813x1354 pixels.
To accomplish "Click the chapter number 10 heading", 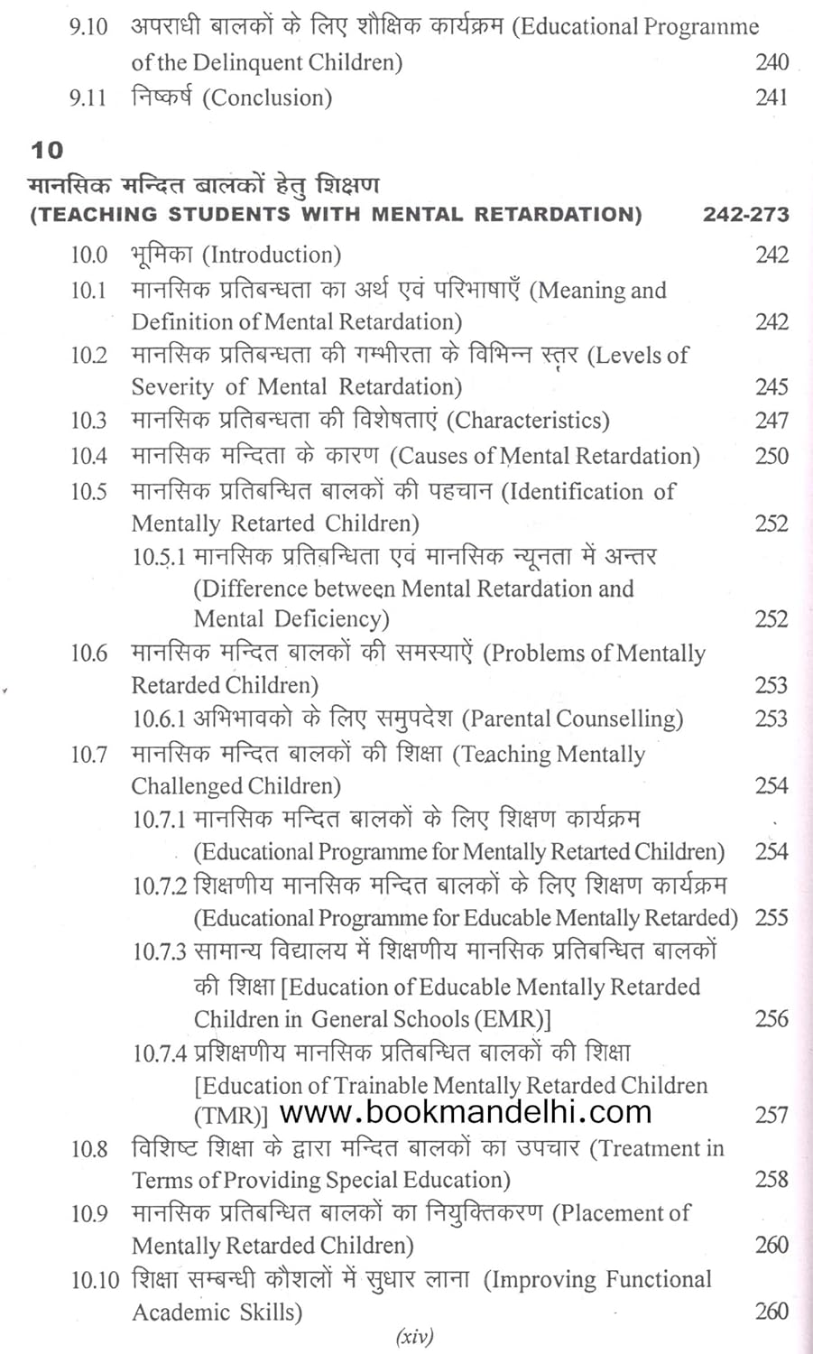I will pyautogui.click(x=47, y=149).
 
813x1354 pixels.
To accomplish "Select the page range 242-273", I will pyautogui.click(x=745, y=215).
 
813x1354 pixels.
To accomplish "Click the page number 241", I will pyautogui.click(x=771, y=97).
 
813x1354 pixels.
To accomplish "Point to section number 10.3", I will pyautogui.click(x=88, y=421).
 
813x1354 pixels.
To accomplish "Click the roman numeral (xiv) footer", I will pyautogui.click(x=415, y=1337).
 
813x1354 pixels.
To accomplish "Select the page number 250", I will pyautogui.click(x=771, y=456).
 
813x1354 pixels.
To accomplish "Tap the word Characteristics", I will pyautogui.click(x=528, y=421).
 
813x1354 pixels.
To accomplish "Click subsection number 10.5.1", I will pyautogui.click(x=159, y=557).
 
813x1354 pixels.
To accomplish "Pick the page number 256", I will pyautogui.click(x=771, y=1019).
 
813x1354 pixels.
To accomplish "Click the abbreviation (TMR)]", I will pyautogui.click(x=231, y=1116).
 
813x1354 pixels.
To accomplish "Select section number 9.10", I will pyautogui.click(x=88, y=27).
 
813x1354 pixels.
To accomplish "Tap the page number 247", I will pyautogui.click(x=771, y=421).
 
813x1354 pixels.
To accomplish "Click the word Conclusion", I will pyautogui.click(x=267, y=97).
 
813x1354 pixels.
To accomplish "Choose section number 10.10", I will pyautogui.click(x=95, y=1280).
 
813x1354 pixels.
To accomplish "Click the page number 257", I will pyautogui.click(x=771, y=1116).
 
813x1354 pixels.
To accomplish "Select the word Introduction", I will pyautogui.click(x=272, y=255).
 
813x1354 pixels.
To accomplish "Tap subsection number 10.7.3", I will pyautogui.click(x=160, y=952).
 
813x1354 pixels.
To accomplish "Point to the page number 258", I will pyautogui.click(x=771, y=1180).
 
